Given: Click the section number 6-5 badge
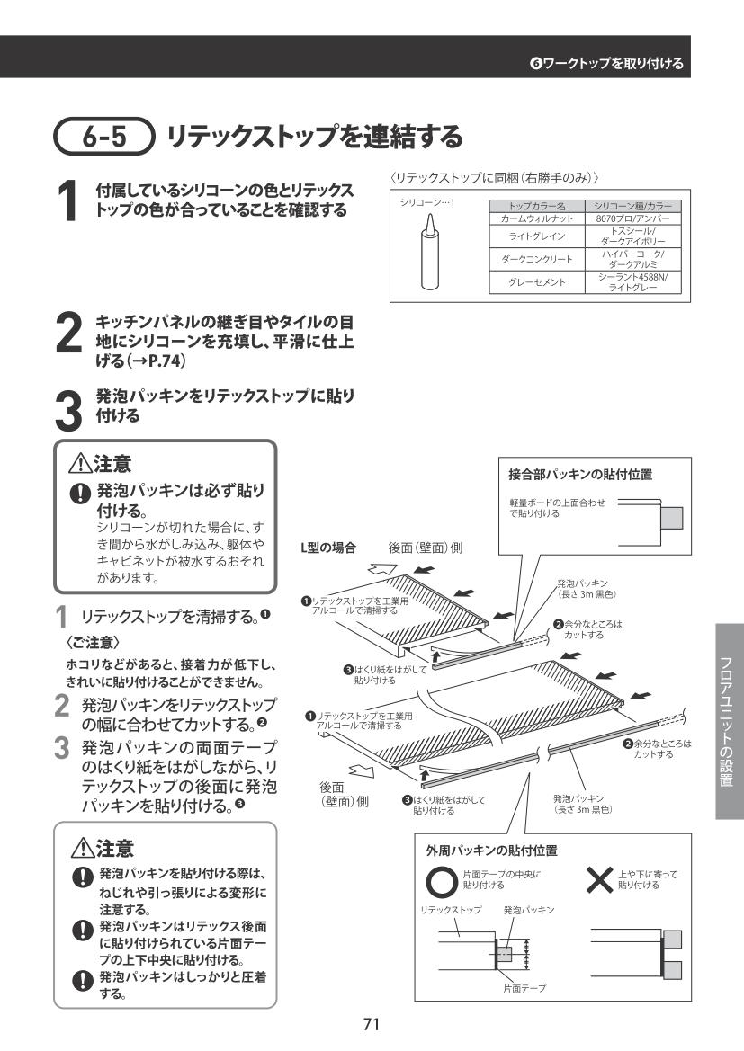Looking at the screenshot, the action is [x=104, y=136].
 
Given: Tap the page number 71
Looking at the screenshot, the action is [x=372, y=1023].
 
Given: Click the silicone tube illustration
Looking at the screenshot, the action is [x=429, y=254].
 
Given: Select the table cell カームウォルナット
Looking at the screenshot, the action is [x=537, y=218].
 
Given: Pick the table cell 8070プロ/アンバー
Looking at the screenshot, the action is [x=632, y=218].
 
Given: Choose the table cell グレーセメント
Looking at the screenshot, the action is [x=537, y=282].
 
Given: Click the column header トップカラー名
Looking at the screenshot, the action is [x=537, y=207].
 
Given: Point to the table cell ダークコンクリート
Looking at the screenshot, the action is [x=537, y=260].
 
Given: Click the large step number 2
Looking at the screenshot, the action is [x=68, y=334].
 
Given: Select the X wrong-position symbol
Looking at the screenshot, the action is [x=599, y=880].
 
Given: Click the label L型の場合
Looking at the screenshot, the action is [x=328, y=548].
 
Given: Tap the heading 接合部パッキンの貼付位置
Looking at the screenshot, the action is [x=580, y=475].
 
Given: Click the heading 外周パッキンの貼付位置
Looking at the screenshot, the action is [x=492, y=851].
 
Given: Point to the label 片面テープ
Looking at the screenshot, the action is [x=524, y=988].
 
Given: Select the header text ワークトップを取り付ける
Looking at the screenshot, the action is [x=614, y=64].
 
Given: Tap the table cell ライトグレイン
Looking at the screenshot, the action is [x=537, y=236].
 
